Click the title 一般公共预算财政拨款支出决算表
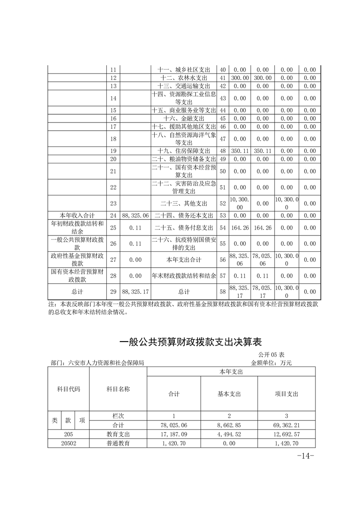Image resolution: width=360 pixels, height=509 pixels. point(190,342)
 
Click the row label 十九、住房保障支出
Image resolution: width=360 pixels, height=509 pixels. point(184,151)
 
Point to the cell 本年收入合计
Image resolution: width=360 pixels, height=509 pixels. point(77,215)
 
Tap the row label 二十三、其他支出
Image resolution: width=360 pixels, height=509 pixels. point(184,203)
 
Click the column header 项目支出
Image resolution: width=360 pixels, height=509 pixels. point(286,394)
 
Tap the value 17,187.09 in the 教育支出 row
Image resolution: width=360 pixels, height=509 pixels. point(174,434)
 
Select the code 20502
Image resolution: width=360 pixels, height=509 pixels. point(69,443)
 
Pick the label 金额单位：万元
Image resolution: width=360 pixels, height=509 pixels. point(271,362)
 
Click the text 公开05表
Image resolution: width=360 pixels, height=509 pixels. point(271,354)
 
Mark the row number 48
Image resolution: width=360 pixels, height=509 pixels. point(222,151)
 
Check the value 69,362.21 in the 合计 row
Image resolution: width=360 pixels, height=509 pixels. point(286,425)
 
